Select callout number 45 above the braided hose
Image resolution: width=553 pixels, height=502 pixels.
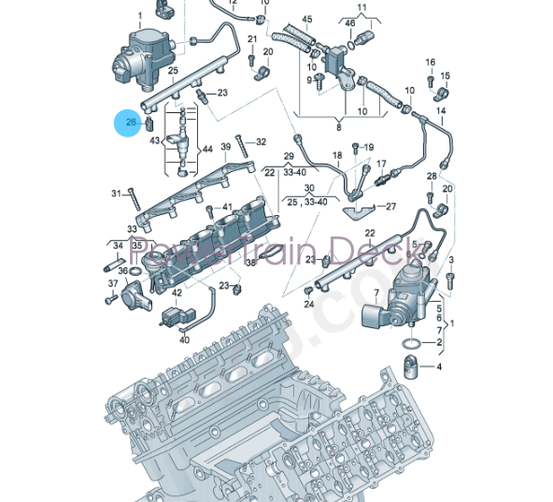click(306, 19)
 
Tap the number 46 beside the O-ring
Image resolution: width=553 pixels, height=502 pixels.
click(348, 22)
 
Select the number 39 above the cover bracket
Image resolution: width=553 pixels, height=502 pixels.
click(225, 147)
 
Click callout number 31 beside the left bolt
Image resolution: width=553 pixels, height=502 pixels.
click(117, 194)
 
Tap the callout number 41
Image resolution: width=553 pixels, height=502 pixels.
click(226, 207)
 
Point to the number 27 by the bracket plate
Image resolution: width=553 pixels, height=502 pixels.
click(390, 207)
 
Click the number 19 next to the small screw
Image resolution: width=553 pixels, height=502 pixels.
click(368, 147)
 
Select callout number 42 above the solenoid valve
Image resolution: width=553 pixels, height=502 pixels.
click(177, 294)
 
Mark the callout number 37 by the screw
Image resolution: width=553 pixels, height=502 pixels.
click(113, 282)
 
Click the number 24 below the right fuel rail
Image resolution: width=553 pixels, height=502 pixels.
click(308, 304)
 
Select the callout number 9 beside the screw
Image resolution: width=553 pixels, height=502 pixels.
click(307, 80)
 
